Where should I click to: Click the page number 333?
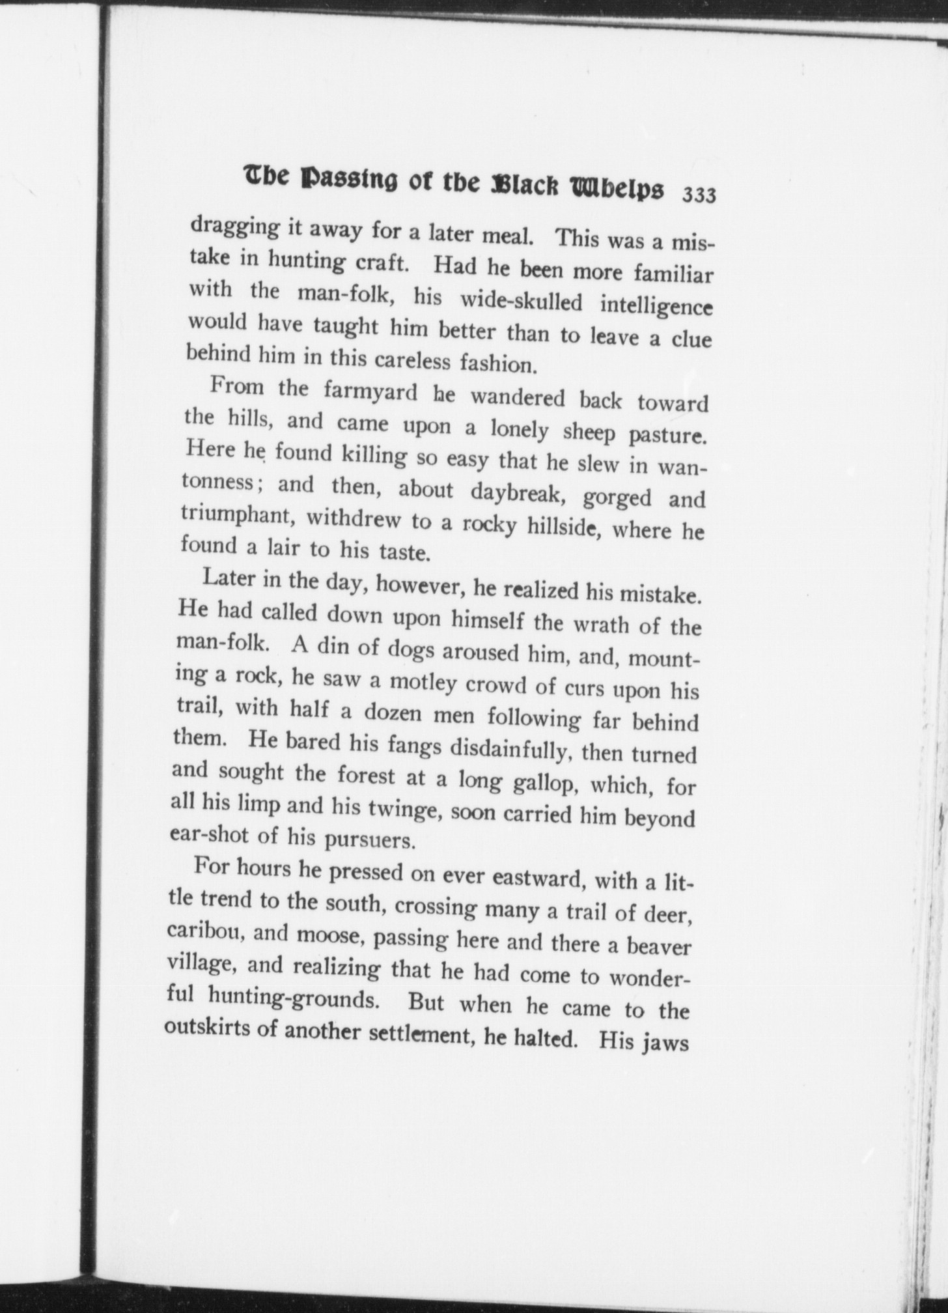pyautogui.click(x=699, y=195)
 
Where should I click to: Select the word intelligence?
pyautogui.click(x=656, y=305)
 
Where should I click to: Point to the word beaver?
pyautogui.click(x=658, y=947)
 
